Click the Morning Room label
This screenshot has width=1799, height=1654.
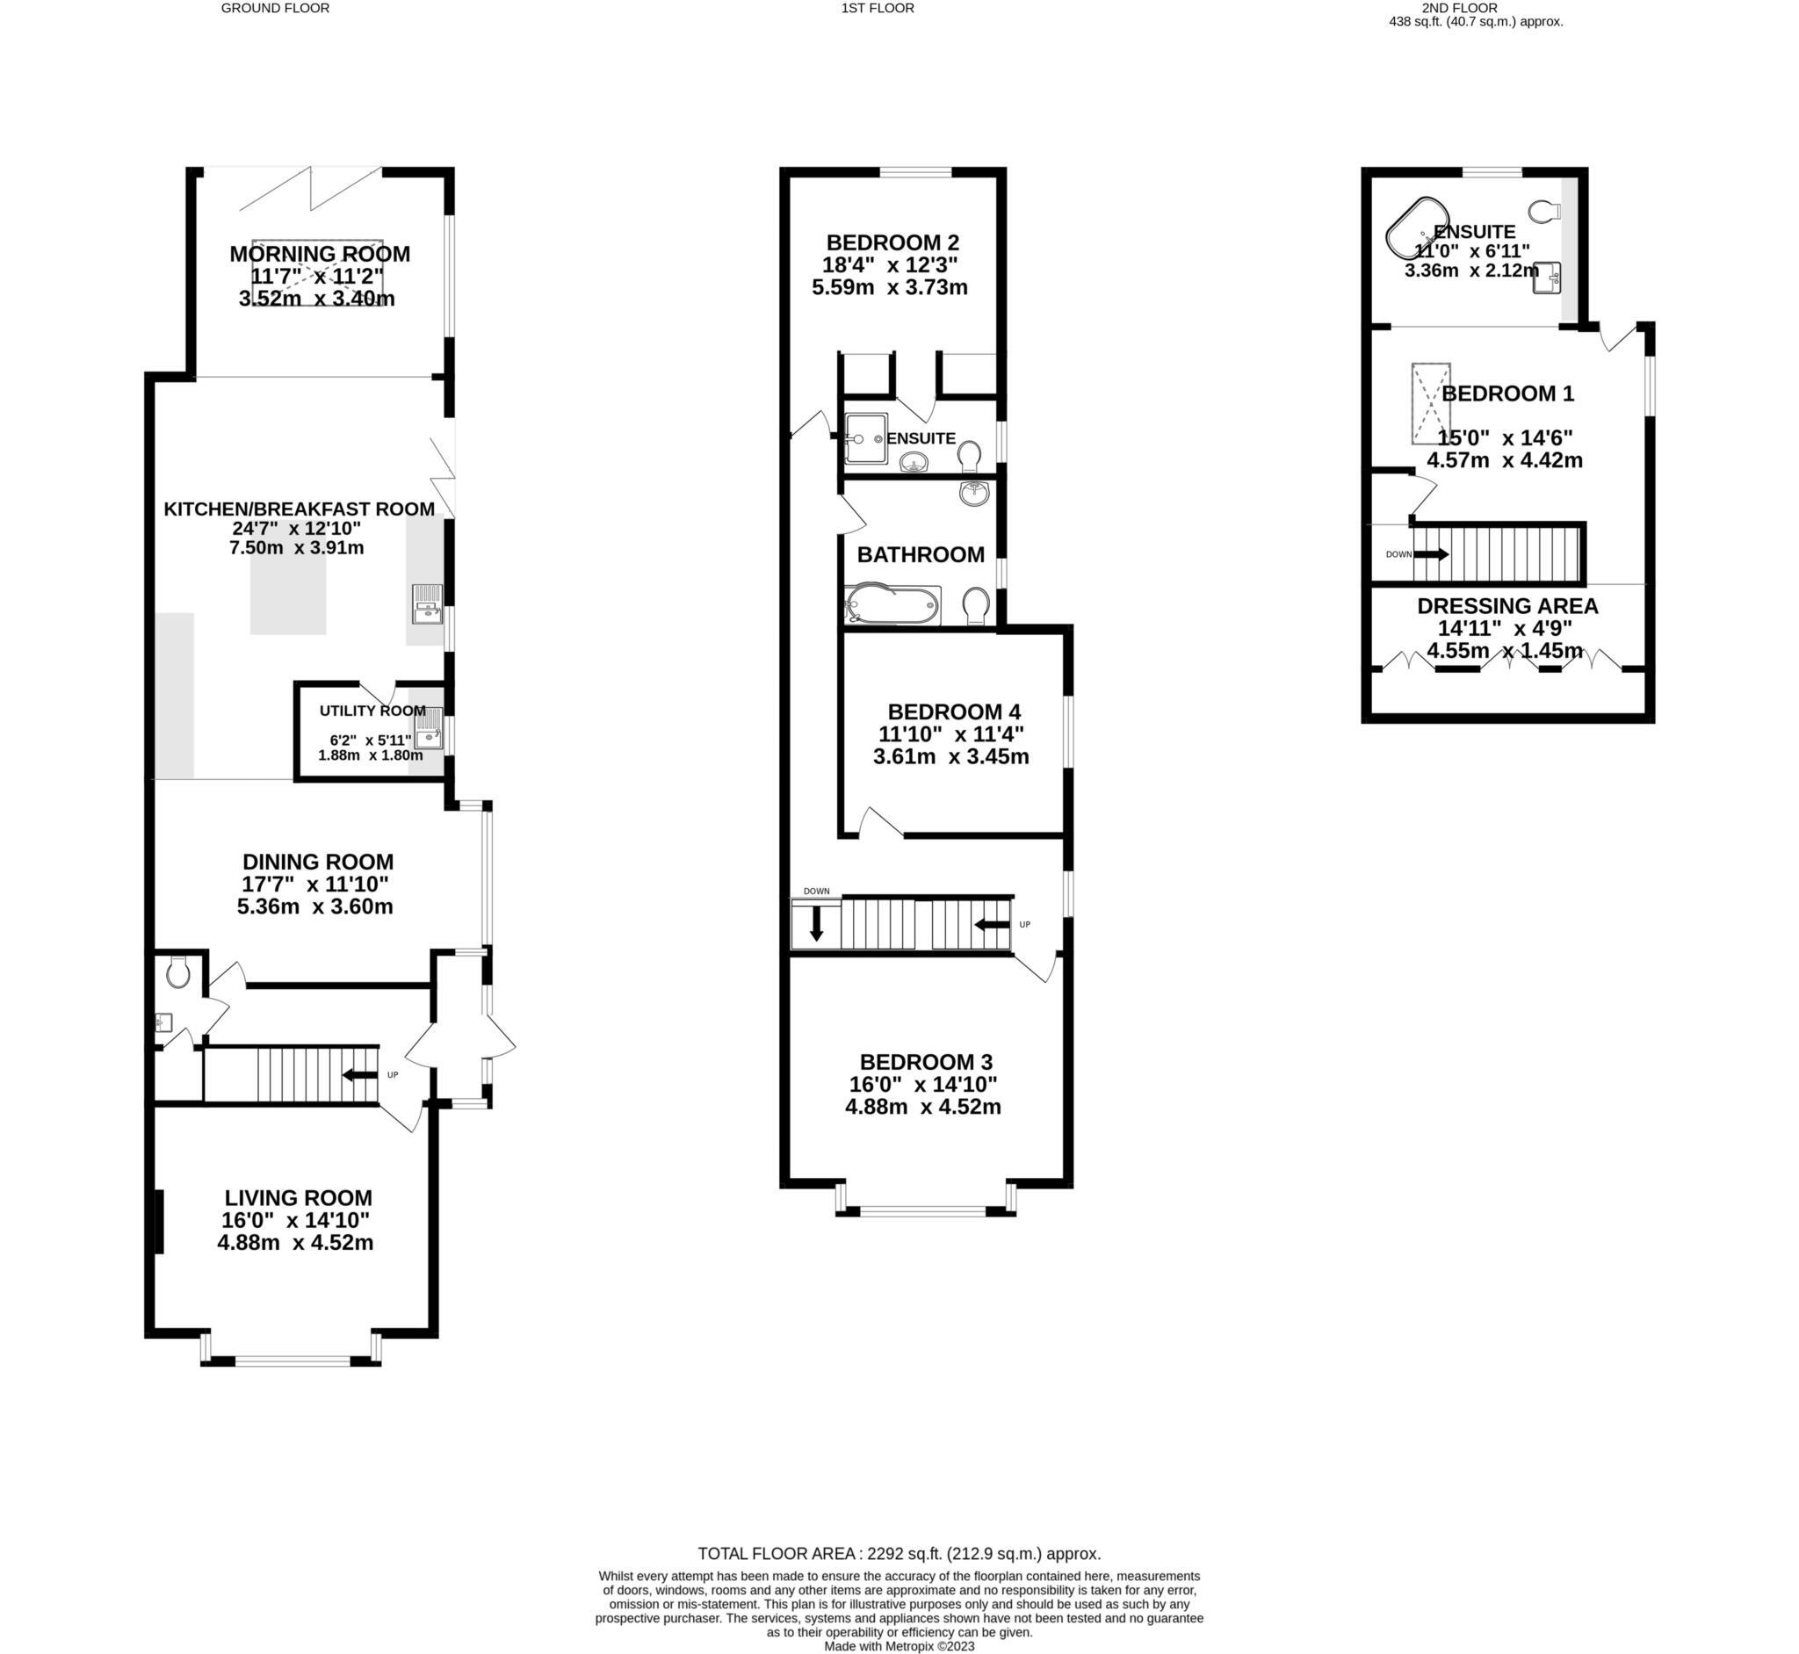(x=320, y=254)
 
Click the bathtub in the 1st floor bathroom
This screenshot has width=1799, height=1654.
(x=892, y=606)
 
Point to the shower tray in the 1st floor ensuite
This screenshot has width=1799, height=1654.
(x=865, y=438)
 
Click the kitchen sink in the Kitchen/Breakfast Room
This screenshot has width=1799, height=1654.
(x=427, y=603)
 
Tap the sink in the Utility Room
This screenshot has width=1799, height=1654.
(x=429, y=727)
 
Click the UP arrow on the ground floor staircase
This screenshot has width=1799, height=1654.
(x=361, y=1075)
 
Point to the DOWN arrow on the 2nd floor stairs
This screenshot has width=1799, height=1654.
(x=1430, y=554)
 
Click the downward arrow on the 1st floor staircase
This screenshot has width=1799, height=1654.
(x=816, y=924)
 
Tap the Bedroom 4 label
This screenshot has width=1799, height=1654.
(x=953, y=711)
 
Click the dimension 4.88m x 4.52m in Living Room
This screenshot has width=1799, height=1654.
(x=295, y=1243)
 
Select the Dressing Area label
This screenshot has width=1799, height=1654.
(x=1507, y=606)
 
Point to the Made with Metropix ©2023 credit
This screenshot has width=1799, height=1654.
(x=899, y=1646)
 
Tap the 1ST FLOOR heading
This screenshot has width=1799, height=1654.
(x=878, y=8)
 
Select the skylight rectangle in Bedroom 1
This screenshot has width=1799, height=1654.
(x=1430, y=403)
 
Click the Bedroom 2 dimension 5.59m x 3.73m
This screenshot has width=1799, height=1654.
(x=890, y=288)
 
